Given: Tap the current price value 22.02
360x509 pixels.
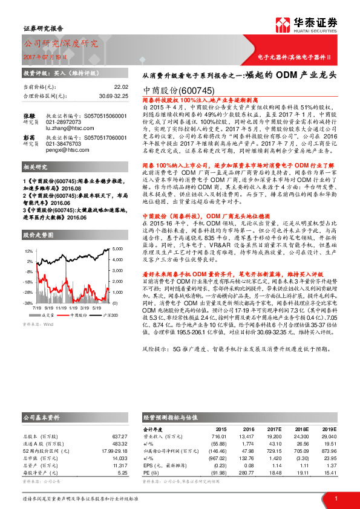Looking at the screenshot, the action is [x=122, y=87].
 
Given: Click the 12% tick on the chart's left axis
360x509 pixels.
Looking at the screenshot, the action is [x=28, y=250].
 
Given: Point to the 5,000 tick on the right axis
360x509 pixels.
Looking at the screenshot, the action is [x=118, y=250].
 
